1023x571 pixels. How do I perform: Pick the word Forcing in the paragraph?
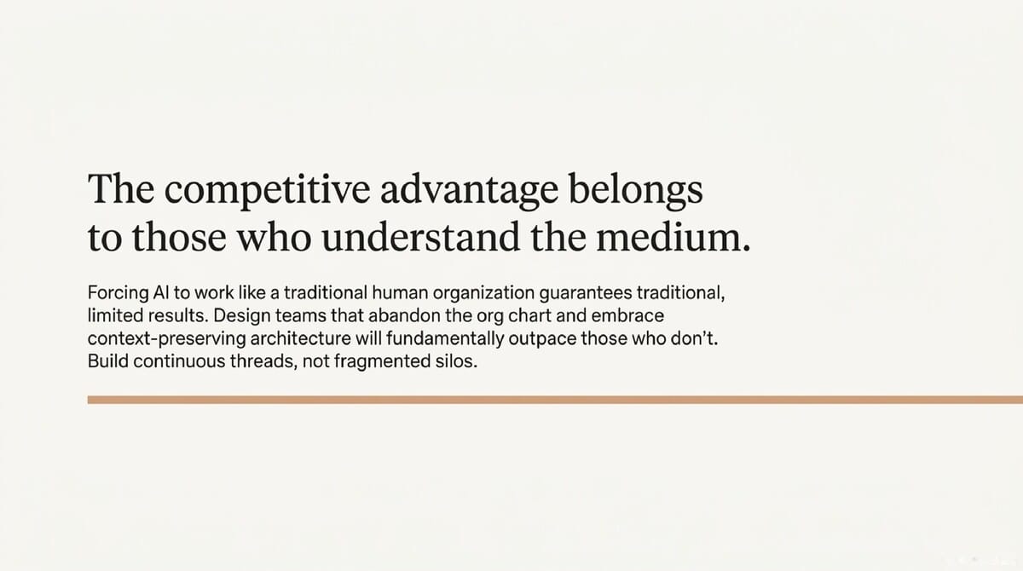116,293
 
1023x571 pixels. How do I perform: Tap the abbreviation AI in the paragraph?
161,293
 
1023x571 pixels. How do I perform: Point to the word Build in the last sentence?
107,361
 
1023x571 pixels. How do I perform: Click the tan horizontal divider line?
554,399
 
